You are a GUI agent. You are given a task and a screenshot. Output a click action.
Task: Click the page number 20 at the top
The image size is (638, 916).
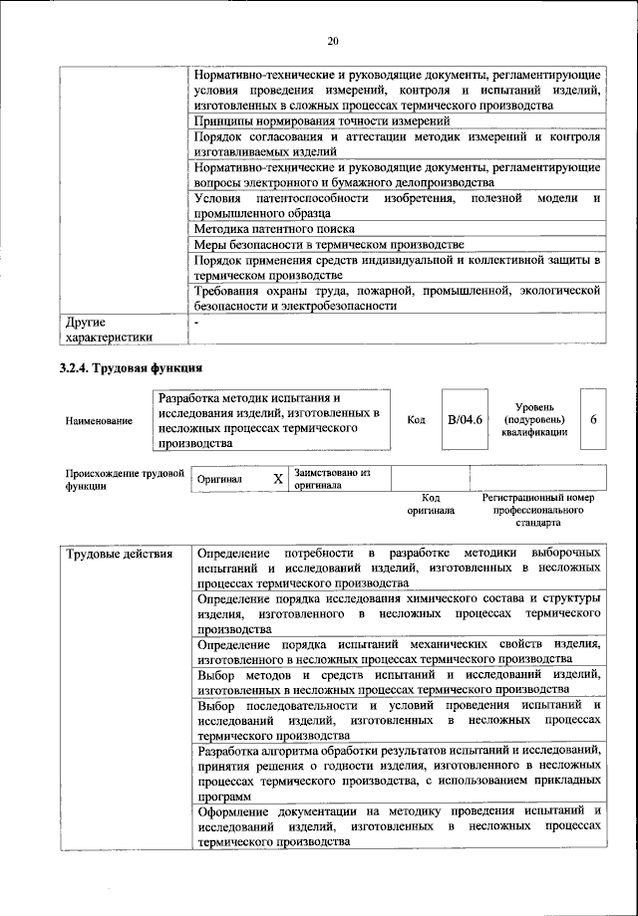pos(332,40)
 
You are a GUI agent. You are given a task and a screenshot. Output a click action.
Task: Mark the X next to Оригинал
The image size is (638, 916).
pos(278,479)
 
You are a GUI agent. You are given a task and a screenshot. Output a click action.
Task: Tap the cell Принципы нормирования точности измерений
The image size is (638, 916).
pos(307,120)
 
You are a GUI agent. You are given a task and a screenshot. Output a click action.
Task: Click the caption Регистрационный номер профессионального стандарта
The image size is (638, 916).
pos(537,509)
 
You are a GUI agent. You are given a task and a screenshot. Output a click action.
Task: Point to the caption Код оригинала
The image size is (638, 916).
pos(431,503)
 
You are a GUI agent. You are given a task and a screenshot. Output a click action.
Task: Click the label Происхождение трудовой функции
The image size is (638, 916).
pos(125,480)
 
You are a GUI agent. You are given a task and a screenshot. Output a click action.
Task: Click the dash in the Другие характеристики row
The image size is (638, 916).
pos(197,323)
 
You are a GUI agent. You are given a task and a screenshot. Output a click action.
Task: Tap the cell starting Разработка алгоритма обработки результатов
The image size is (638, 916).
pos(399,772)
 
